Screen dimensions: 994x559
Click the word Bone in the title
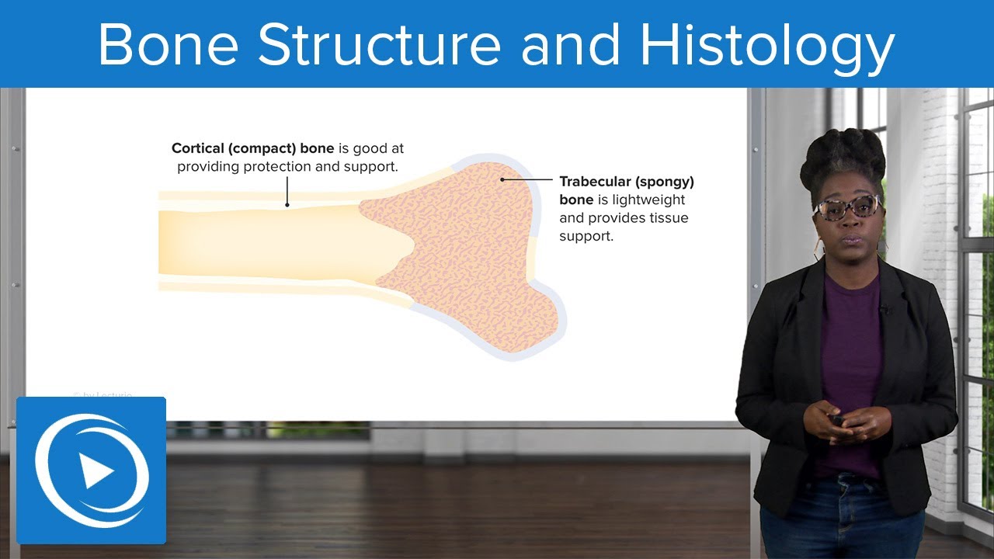coord(169,44)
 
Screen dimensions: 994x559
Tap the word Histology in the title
coord(767,49)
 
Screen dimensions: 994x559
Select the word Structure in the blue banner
coord(380,44)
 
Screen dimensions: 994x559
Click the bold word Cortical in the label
coord(198,148)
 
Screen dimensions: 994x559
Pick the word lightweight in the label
coord(648,200)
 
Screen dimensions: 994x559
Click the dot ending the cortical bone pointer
coord(287,205)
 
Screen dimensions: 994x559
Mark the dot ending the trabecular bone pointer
coord(502,179)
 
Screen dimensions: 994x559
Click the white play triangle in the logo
coord(96,471)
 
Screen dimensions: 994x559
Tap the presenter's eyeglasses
coord(848,207)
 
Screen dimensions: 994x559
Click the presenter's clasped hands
coord(840,425)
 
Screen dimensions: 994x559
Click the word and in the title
coord(570,44)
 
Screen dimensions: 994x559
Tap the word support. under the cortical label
coord(371,168)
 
